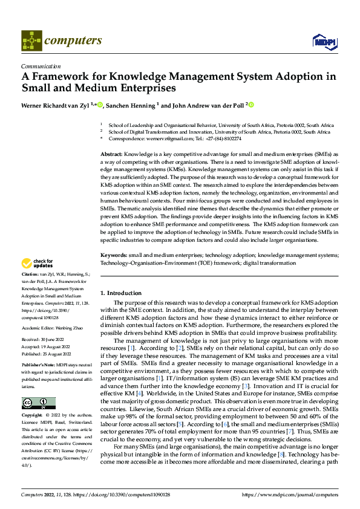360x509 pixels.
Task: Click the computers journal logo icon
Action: point(31,41)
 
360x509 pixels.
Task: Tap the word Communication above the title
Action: point(41,66)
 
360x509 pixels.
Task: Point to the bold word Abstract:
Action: point(111,155)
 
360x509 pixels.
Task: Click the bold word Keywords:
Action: point(113,256)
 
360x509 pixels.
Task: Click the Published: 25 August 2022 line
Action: point(46,355)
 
